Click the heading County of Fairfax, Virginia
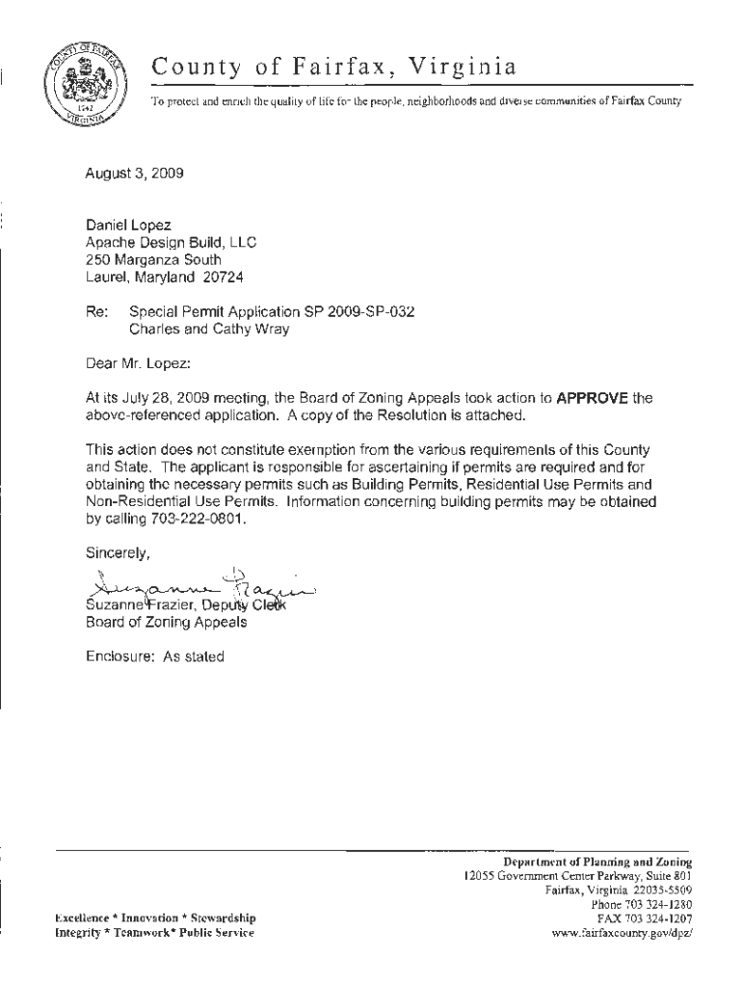coord(333,67)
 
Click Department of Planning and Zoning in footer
coord(597,861)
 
